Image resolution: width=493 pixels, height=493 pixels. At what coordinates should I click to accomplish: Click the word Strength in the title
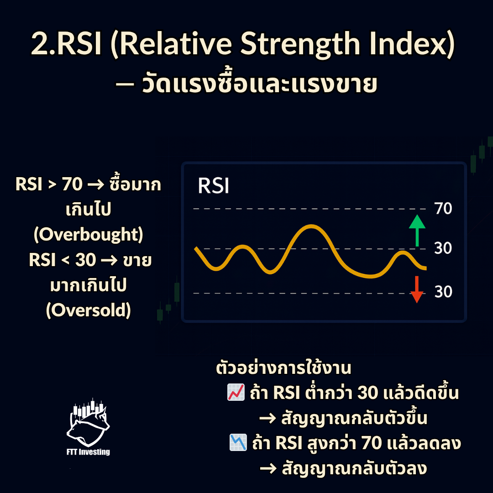tap(300, 44)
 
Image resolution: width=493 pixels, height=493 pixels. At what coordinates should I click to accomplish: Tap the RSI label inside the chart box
tap(214, 185)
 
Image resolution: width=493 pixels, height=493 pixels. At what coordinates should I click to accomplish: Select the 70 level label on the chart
tap(443, 209)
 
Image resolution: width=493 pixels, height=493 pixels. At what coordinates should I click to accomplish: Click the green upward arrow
tap(417, 231)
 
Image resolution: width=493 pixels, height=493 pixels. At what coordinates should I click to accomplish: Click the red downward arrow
tap(417, 289)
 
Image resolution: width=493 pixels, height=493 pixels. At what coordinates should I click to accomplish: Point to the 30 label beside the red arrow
tap(443, 292)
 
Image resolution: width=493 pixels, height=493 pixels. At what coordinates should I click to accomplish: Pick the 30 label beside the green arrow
tap(443, 248)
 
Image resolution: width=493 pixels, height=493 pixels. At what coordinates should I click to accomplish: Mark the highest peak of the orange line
tap(311, 226)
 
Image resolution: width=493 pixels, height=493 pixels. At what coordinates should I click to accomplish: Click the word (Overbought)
tap(89, 235)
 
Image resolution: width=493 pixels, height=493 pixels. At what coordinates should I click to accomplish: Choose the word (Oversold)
tap(89, 310)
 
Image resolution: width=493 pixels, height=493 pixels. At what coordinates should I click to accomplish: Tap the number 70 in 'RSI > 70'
tap(72, 184)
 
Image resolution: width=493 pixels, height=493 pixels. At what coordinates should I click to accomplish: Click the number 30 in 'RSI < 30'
tap(85, 260)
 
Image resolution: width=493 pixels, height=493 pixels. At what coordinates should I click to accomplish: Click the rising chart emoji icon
tap(236, 392)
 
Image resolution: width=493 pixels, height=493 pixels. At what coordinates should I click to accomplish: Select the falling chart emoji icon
tap(238, 442)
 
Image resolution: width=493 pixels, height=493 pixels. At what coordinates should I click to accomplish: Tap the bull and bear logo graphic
tap(89, 422)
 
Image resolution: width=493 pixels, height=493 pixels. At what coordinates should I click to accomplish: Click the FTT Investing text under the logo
tap(89, 452)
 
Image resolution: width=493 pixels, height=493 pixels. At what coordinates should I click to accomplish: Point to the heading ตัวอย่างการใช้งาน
tap(283, 368)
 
